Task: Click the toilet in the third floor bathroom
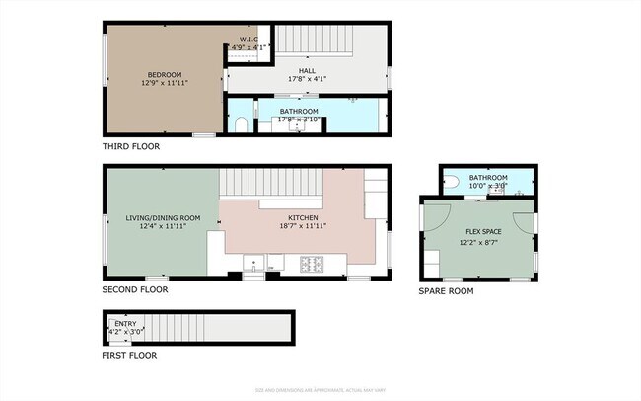tap(242, 124)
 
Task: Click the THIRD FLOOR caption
tap(131, 146)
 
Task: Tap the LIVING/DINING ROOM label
tap(163, 217)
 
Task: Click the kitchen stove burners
tap(313, 264)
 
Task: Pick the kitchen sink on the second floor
tap(254, 264)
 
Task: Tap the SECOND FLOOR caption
tap(135, 290)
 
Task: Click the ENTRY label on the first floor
tap(125, 323)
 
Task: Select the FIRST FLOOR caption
tap(129, 355)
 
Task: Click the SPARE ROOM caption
tap(447, 291)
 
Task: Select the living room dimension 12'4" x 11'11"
tap(163, 226)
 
